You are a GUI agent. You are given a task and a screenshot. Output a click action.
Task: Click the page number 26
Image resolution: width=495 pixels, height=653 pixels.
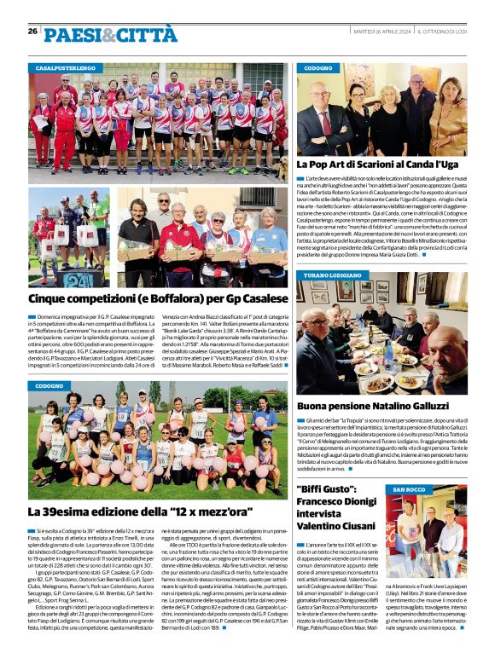[x=32, y=31]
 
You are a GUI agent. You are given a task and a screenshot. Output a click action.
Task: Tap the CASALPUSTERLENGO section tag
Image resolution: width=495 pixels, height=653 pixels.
[x=66, y=67]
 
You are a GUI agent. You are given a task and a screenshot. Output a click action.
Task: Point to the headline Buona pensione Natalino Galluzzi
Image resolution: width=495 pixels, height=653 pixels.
[x=383, y=407]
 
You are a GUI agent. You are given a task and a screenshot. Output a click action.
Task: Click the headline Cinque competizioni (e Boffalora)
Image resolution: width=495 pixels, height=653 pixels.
[x=158, y=298]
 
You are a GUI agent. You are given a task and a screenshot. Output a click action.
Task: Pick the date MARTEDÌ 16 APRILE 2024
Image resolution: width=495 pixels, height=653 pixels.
[x=383, y=32]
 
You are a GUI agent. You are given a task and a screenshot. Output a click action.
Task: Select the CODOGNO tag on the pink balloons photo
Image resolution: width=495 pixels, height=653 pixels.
[x=51, y=386]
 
